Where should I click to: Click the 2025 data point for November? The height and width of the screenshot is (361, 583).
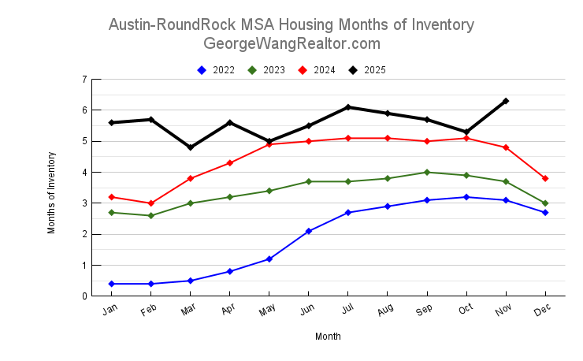506,101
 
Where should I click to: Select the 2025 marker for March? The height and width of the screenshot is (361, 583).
191,147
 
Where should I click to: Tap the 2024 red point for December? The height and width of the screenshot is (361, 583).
545,178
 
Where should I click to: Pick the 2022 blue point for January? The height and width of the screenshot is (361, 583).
112,284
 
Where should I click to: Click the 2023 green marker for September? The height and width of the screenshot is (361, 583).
427,172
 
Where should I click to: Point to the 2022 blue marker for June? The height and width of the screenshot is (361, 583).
309,231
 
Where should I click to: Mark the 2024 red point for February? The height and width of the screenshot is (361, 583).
151,203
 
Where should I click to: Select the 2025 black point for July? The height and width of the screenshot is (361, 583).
348,107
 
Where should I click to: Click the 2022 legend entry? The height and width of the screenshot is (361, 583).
216,70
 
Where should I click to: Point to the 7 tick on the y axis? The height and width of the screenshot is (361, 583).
84,80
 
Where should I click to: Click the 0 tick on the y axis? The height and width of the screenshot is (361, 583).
84,296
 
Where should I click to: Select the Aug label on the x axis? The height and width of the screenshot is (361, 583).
384,311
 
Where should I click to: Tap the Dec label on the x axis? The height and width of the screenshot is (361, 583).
542,311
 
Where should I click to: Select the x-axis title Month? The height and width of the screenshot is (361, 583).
328,337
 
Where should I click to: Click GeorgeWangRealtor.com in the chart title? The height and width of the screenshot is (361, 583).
291,43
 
